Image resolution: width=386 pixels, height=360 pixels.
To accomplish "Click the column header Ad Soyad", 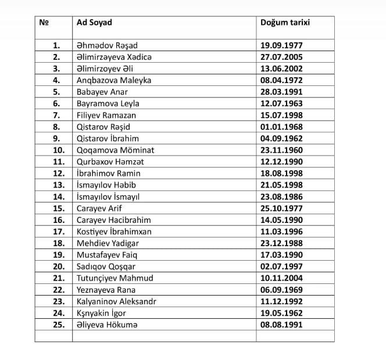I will [x=94, y=23].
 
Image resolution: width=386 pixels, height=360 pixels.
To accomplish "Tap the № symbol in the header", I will [x=43, y=23].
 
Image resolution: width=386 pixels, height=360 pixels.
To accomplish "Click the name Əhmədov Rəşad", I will [x=107, y=45].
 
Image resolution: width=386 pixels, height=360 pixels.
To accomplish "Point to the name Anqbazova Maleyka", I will [x=114, y=80].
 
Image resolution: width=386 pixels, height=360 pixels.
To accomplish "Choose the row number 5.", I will [x=56, y=92].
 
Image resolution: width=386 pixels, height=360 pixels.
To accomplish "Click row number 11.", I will [x=58, y=161].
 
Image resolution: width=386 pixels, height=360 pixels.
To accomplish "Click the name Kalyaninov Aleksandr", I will [x=116, y=301].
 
